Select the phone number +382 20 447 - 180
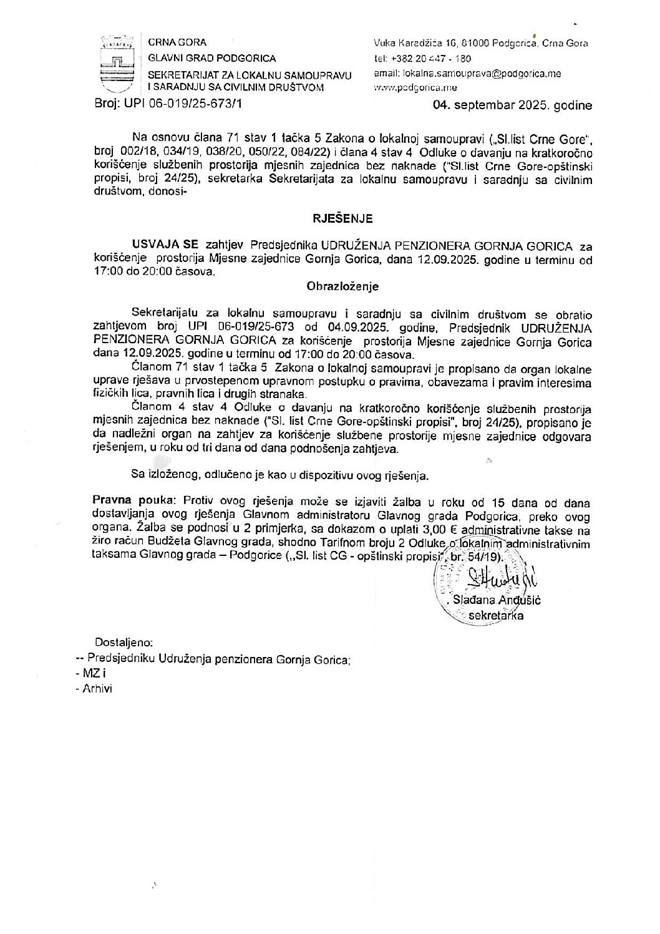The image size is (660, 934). tap(431, 59)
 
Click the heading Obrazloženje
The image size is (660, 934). tap(342, 287)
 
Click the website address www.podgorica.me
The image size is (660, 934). tap(406, 89)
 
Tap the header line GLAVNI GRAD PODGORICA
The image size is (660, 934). tap(211, 59)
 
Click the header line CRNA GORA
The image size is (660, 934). tap(177, 42)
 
